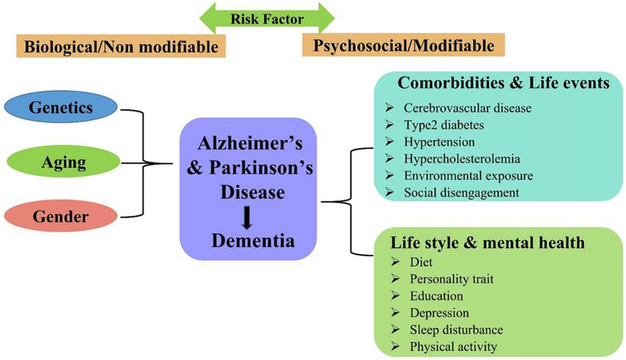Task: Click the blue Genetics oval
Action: tap(60, 108)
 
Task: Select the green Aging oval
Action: tap(60, 163)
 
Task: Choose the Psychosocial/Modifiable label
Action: tap(404, 46)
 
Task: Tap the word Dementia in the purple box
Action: tap(248, 239)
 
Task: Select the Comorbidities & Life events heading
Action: tap(504, 83)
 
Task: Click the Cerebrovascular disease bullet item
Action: tap(468, 107)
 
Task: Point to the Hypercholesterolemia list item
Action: tap(463, 158)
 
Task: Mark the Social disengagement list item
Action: tap(462, 192)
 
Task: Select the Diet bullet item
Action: tap(421, 262)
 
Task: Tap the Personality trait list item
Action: tap(451, 279)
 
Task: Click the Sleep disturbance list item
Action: tap(457, 330)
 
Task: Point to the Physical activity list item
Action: tap(454, 347)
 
